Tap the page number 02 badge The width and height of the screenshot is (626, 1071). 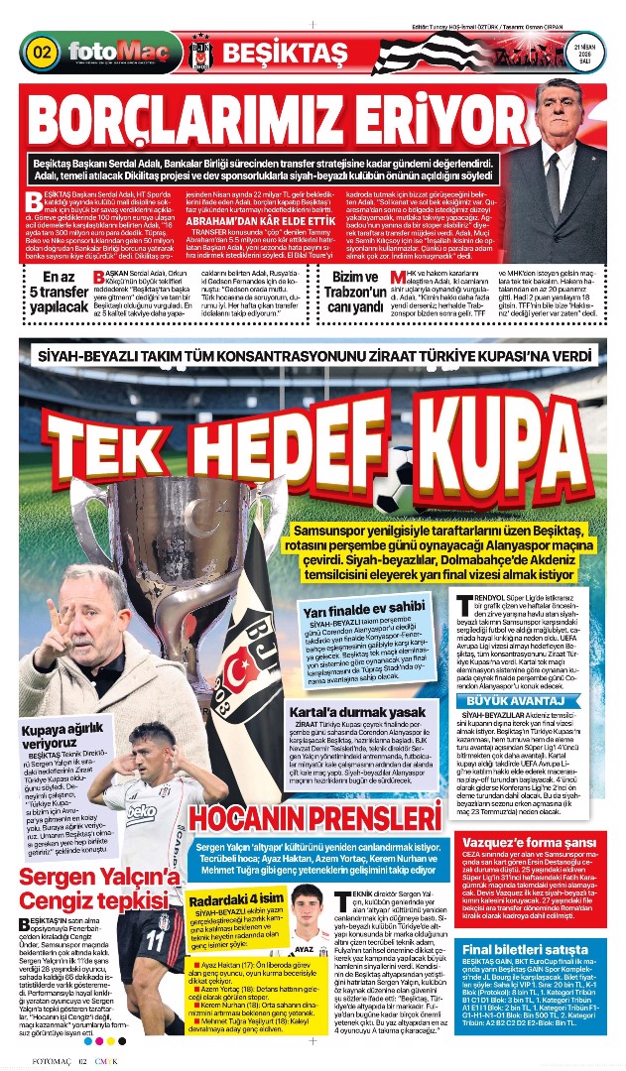tap(42, 51)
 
